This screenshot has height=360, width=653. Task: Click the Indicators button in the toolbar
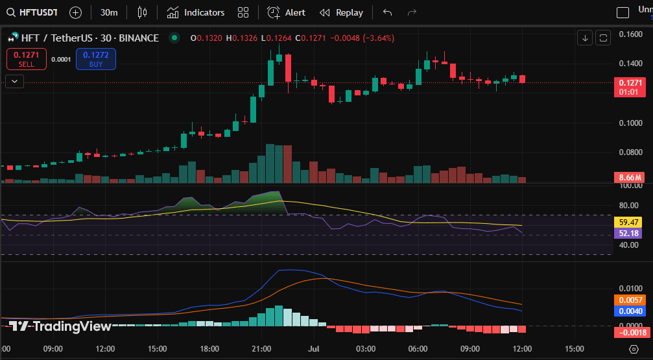[x=196, y=12]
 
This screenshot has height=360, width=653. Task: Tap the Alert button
[x=287, y=12]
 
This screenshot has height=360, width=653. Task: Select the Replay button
[x=341, y=12]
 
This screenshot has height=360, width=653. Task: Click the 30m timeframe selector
[x=109, y=12]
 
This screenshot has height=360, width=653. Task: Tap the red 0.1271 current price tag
[x=630, y=83]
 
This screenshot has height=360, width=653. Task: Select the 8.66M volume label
[x=630, y=177]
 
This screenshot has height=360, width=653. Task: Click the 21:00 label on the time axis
[x=261, y=349]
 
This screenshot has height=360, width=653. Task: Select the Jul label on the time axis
[x=314, y=349]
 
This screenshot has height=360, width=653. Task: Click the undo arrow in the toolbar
[x=388, y=12]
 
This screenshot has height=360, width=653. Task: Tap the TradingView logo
[x=61, y=326]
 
